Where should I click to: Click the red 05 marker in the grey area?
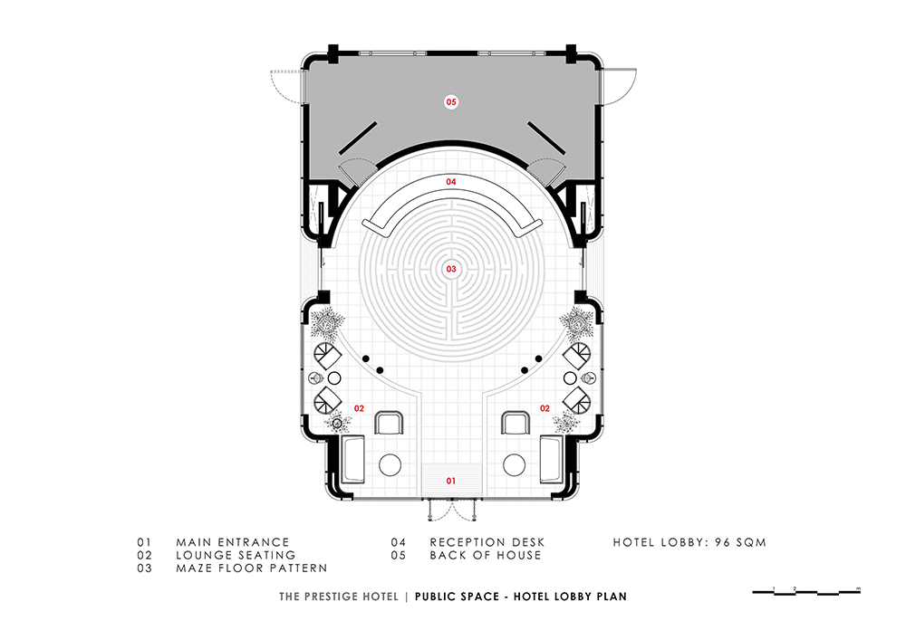tap(450, 102)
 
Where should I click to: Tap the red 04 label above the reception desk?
tap(450, 182)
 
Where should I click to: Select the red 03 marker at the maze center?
tap(450, 269)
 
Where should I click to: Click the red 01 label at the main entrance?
tap(450, 481)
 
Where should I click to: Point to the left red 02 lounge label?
tap(359, 408)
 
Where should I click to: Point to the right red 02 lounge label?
tap(545, 408)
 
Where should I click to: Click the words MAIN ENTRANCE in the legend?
tap(232, 542)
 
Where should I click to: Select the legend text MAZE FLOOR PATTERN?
tap(251, 568)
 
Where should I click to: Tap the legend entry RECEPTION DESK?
tap(487, 542)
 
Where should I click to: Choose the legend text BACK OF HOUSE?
tap(486, 555)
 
